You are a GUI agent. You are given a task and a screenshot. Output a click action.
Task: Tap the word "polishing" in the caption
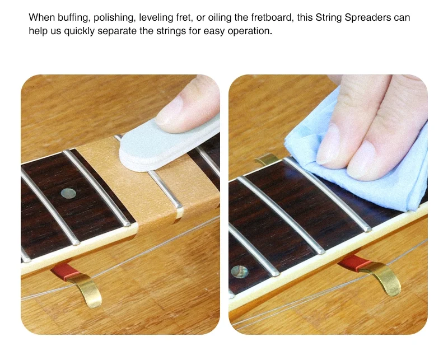tap(114, 18)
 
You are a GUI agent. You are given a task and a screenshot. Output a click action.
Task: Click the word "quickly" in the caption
tap(79, 31)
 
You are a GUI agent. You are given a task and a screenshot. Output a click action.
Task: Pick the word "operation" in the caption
tap(249, 31)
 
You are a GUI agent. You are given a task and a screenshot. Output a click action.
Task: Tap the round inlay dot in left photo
tap(68, 193)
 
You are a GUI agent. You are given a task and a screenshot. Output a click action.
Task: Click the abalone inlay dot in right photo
tap(239, 272)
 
